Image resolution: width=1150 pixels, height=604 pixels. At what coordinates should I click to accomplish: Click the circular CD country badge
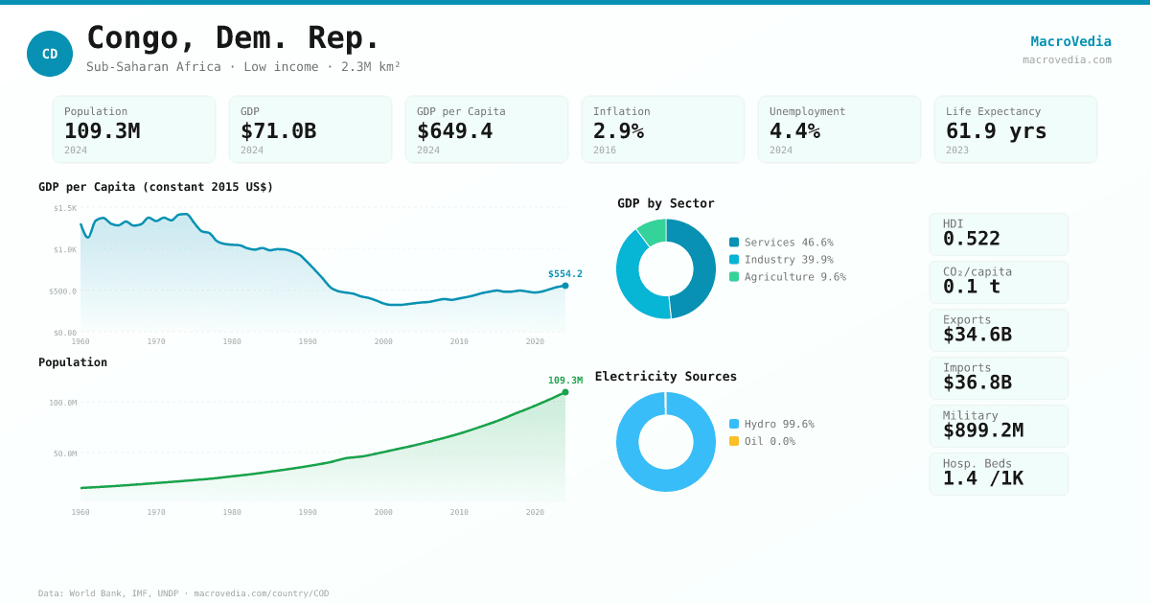point(50,54)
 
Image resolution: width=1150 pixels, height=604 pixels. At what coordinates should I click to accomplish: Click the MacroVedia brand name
point(1070,41)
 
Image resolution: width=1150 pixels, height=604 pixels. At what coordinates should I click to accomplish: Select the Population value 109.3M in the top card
point(102,131)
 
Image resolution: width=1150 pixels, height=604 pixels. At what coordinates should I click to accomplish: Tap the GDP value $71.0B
point(278,131)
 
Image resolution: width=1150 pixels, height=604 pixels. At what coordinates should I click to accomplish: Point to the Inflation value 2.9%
point(618,131)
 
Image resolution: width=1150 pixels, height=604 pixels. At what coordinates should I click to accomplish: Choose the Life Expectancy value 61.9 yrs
point(996,131)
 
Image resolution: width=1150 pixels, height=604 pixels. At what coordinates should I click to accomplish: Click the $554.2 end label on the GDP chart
point(565,274)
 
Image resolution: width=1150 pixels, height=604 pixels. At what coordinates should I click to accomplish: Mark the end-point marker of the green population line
point(565,392)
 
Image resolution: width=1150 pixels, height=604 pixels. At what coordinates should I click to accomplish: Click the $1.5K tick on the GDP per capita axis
point(65,208)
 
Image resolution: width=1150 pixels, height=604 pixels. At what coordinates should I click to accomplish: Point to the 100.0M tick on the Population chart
point(63,403)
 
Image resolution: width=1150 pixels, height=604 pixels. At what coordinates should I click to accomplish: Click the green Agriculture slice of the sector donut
point(653,231)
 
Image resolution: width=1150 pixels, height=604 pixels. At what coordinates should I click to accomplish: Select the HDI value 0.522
point(971,239)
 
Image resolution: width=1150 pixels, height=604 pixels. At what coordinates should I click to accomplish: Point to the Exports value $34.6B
point(977,335)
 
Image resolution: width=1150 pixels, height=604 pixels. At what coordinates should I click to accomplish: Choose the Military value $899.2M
point(982,430)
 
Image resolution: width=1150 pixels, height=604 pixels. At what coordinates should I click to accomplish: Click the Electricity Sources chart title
point(666,377)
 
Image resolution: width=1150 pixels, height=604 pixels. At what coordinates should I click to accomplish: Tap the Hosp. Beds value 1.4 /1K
point(982,478)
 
